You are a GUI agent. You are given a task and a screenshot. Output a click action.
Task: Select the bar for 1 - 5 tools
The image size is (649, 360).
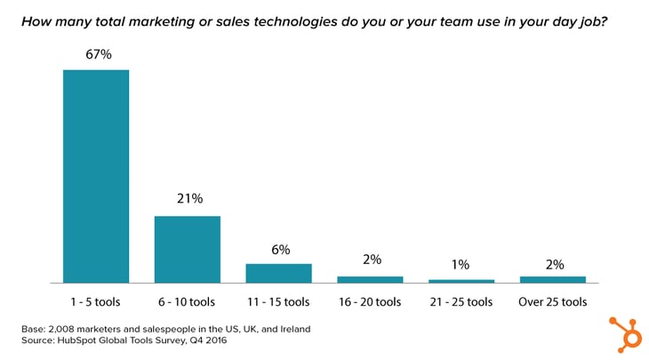coord(95,175)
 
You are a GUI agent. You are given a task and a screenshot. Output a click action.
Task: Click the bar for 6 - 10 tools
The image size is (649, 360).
coord(187,249)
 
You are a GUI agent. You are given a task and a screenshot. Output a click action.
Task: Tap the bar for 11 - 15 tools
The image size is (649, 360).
coord(278,273)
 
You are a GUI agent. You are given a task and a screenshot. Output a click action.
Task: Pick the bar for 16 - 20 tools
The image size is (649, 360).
coord(370,279)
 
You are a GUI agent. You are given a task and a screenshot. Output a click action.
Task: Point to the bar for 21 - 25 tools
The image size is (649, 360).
coord(461,281)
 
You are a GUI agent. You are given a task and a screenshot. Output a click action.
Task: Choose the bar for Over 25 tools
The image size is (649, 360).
coord(552,279)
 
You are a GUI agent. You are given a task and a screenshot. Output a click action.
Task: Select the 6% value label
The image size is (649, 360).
coord(279,250)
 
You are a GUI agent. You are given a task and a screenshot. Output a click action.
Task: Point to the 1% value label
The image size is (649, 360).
coord(461,265)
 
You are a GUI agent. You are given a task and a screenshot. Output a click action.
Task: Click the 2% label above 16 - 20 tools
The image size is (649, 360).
coord(371,260)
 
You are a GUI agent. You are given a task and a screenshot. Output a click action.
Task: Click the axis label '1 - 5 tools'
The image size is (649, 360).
coord(95,300)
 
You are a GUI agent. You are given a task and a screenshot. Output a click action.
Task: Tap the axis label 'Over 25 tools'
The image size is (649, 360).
coord(552,300)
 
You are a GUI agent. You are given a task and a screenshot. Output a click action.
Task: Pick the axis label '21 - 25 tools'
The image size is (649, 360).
coord(461,300)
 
